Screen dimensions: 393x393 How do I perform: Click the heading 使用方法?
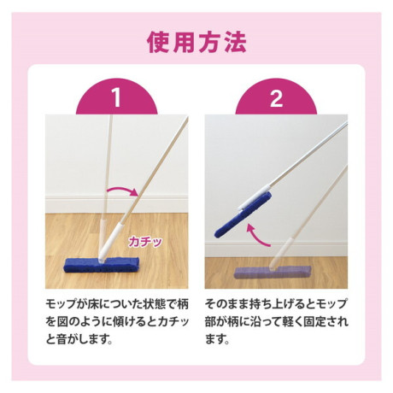(196, 43)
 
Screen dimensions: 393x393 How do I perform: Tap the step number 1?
(116, 97)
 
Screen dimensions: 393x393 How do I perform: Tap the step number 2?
(276, 97)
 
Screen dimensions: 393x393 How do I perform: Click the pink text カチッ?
(145, 242)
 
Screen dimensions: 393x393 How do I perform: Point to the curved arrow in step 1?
(122, 189)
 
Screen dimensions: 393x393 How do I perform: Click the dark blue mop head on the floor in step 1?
(102, 265)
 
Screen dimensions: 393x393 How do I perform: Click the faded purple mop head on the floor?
(273, 273)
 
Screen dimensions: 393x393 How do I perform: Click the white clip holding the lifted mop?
(255, 196)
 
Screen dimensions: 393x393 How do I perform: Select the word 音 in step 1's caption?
(62, 339)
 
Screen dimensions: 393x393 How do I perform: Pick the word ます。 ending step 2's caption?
(217, 339)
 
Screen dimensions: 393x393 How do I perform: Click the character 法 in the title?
(235, 43)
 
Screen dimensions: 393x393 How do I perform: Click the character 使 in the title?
(157, 43)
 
